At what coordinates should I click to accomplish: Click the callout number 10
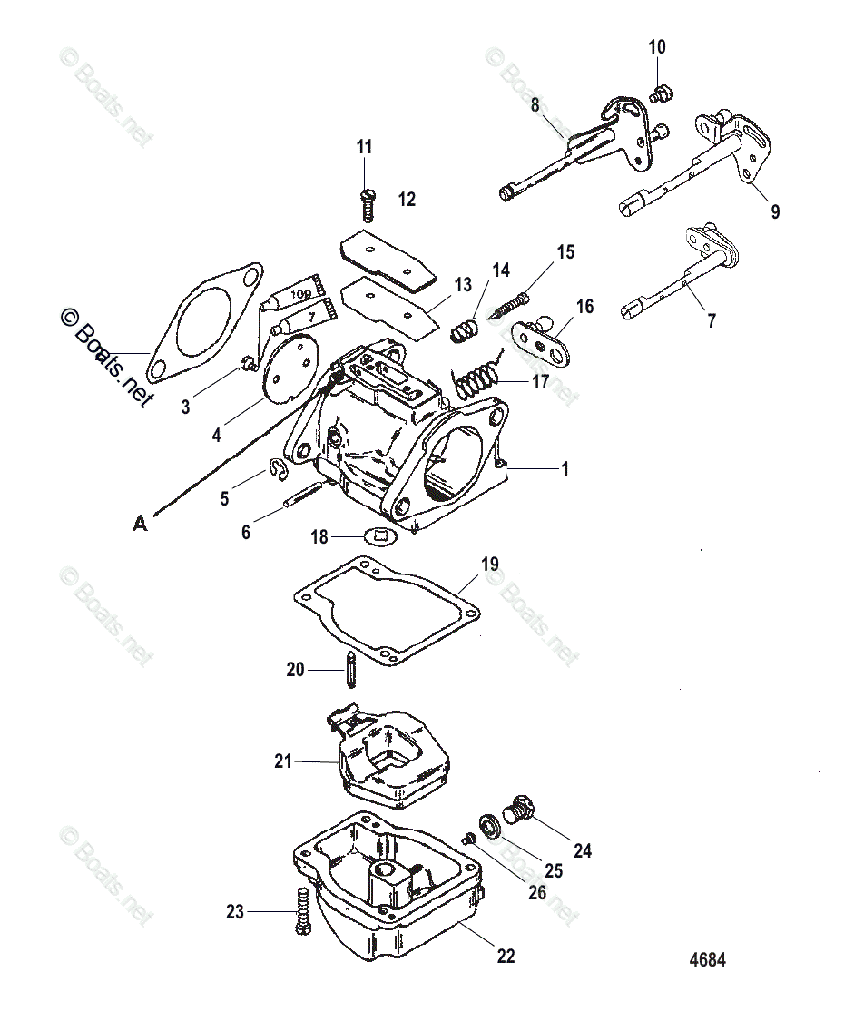pos(657,46)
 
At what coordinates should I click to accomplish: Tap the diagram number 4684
pos(708,960)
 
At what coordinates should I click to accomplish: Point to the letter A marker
pos(139,523)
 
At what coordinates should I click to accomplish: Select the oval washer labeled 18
pos(379,535)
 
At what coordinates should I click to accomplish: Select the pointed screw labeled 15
pos(511,303)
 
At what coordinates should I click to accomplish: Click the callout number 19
pos(489,564)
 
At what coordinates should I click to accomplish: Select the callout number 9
pos(775,211)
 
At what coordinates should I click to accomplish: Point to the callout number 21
pos(284,761)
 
